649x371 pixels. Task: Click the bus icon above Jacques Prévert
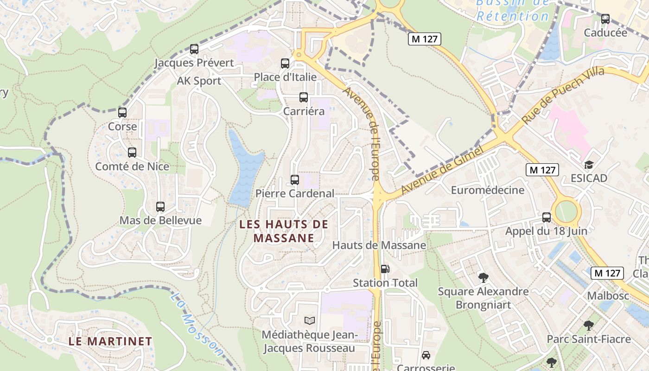194,49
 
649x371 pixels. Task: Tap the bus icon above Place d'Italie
285,64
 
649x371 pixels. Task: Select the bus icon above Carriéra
304,97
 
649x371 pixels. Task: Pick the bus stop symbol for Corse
122,113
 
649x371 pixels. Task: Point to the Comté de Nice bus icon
132,153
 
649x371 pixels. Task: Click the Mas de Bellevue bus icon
160,207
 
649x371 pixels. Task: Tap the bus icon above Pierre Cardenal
295,180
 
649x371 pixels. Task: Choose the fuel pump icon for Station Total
385,269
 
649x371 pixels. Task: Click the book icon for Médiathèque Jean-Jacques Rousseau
309,320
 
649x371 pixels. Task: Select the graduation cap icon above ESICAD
589,165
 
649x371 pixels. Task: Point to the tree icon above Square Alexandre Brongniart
483,278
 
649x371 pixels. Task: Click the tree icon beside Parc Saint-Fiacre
589,325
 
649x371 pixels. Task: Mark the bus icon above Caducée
605,19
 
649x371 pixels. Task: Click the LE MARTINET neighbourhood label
110,341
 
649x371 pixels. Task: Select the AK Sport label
199,81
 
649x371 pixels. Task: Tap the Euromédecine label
488,190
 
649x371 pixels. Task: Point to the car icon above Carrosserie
426,355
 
